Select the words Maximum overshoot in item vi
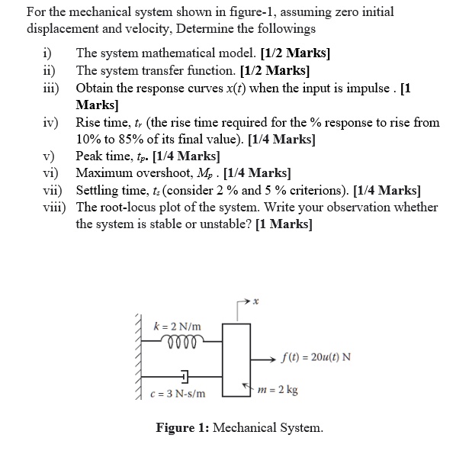125,173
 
